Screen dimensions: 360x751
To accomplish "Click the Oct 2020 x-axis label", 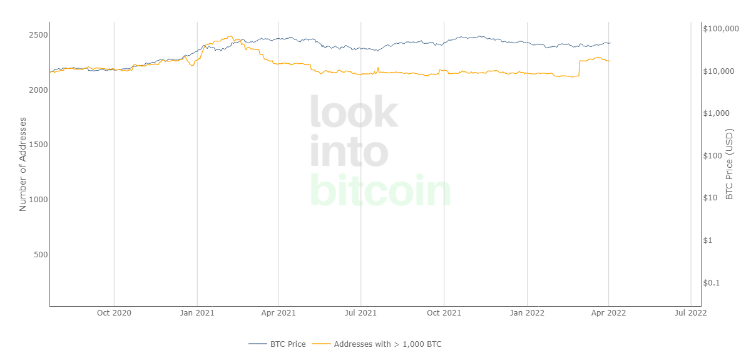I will coord(114,312).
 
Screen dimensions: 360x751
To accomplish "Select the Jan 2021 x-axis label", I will coord(197,312).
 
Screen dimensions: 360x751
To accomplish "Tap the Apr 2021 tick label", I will coord(278,312).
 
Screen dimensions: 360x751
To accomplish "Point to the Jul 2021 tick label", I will coord(360,312).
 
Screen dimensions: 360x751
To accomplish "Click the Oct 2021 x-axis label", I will coord(444,312).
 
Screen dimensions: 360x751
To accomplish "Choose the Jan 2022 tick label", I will coord(527,312).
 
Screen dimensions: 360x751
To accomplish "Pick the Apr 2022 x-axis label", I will coord(609,312).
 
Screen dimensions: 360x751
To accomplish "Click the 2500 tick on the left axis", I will coord(38,35).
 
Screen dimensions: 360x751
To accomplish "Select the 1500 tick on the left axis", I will coord(38,145).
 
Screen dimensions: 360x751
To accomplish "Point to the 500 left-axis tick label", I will coord(40,254).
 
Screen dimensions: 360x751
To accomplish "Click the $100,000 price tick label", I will coord(721,29).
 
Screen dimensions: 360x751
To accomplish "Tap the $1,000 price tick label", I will coord(716,113).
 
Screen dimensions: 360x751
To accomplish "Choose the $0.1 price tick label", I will coord(712,282).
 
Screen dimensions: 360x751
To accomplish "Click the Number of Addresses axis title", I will coord(23,163).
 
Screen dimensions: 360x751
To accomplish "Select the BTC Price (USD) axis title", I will coord(729,165).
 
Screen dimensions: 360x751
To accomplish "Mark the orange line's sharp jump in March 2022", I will coord(580,68).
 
